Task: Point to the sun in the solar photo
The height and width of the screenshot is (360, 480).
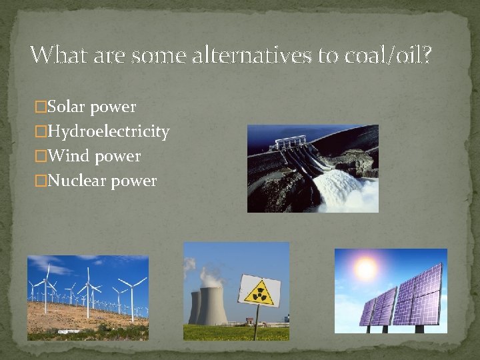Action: click(365, 269)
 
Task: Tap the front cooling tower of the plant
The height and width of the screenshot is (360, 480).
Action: click(213, 308)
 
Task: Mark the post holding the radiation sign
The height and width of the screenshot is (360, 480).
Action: click(256, 323)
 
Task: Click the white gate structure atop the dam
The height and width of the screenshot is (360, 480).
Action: click(292, 143)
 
